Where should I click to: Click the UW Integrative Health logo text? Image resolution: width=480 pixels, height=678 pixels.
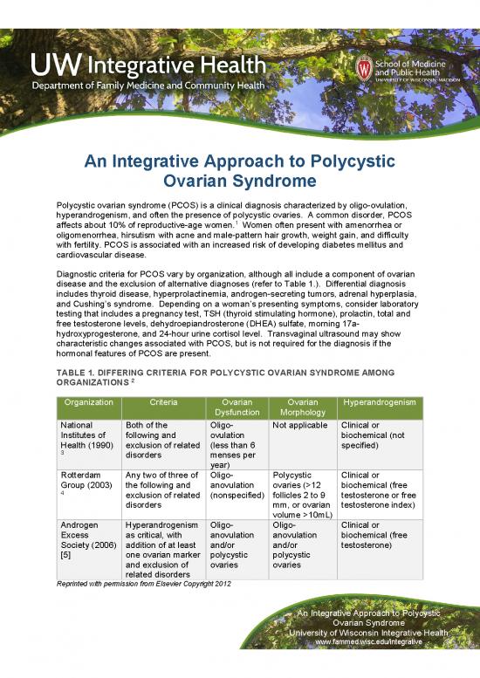(148, 64)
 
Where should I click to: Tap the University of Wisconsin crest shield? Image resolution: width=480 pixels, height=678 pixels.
(364, 68)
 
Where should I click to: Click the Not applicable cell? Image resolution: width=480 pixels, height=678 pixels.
(298, 425)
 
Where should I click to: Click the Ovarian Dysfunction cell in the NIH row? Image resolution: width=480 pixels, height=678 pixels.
(233, 445)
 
